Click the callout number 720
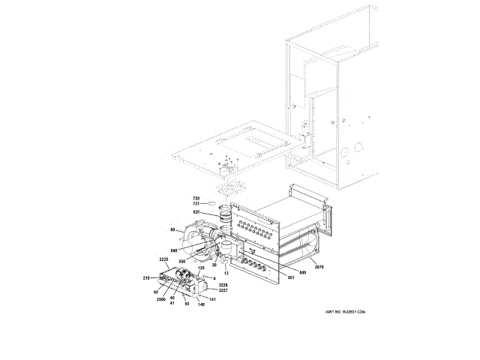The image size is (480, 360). (x=196, y=197)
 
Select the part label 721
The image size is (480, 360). (x=196, y=203)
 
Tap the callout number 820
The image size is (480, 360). (x=196, y=213)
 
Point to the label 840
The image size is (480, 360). (x=174, y=250)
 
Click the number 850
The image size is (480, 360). (x=181, y=261)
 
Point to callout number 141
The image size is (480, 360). (x=213, y=300)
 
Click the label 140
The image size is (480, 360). (x=201, y=305)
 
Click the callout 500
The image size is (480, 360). (x=304, y=272)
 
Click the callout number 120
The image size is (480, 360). (x=201, y=268)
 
